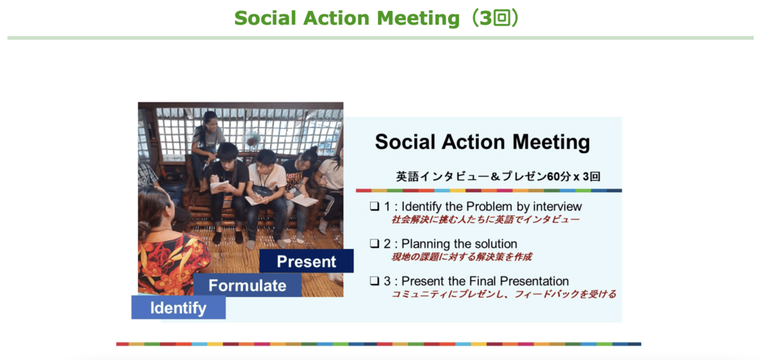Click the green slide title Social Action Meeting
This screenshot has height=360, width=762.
pos(347,18)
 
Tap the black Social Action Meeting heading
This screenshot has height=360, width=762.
pos(483,142)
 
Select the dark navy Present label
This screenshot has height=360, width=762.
pos(307,261)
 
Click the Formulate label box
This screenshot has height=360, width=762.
pos(247,285)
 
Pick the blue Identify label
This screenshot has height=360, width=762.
pos(179,308)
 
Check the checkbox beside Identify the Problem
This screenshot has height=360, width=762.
pos(374,206)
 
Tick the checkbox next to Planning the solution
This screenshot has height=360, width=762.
pos(374,243)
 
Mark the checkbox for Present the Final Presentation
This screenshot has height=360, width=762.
pos(374,281)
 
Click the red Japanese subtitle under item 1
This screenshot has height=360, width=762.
pos(486,220)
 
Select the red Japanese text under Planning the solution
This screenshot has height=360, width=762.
pos(461,256)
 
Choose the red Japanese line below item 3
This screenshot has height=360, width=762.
pos(504,294)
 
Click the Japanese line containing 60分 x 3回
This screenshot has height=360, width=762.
pos(498,177)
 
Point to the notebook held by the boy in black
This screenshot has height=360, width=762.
pos(219,187)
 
